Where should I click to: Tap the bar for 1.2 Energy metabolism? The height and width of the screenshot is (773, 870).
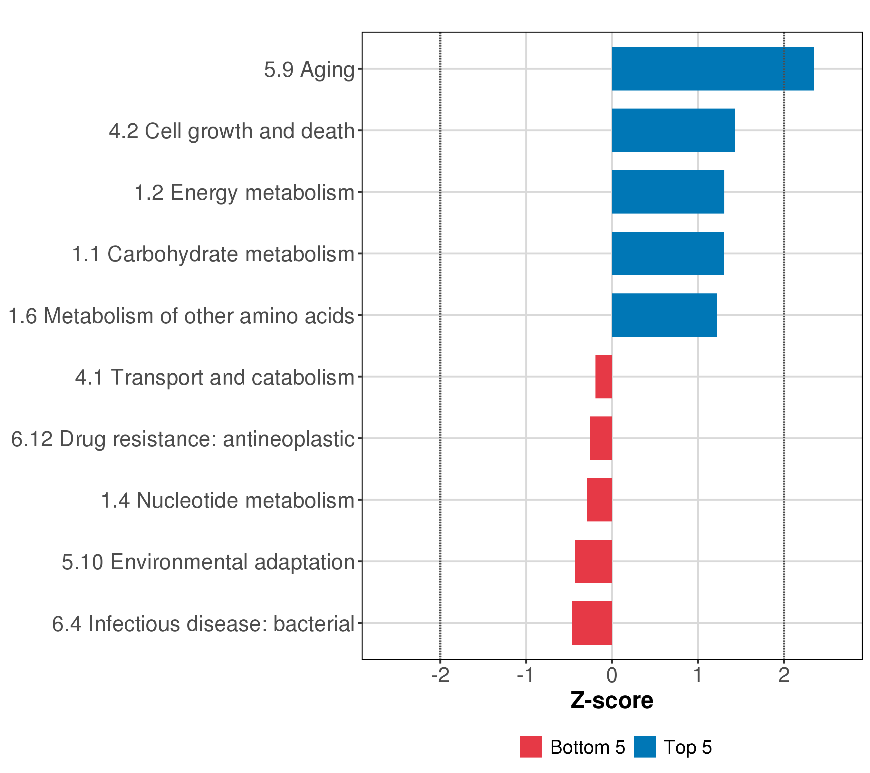tap(668, 192)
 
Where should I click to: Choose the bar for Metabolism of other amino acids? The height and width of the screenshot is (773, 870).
tap(664, 315)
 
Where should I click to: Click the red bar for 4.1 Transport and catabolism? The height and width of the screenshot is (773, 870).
tap(604, 377)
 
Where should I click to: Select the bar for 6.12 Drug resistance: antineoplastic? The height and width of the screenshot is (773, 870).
tap(601, 438)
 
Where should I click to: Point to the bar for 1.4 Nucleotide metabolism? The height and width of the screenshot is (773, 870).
tap(599, 500)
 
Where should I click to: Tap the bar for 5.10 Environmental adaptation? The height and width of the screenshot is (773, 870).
tap(593, 562)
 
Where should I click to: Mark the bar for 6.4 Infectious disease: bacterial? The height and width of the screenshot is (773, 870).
tap(592, 623)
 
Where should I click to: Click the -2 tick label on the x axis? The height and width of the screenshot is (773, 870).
tap(440, 676)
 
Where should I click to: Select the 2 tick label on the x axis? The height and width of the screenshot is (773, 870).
tap(784, 676)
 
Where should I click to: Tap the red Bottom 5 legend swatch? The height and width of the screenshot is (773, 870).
tap(530, 747)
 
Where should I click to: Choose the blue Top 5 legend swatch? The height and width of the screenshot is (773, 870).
tap(644, 747)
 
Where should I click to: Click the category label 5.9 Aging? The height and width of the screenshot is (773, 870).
tap(309, 70)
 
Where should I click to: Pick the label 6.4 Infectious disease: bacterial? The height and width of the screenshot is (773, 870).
tap(203, 624)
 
